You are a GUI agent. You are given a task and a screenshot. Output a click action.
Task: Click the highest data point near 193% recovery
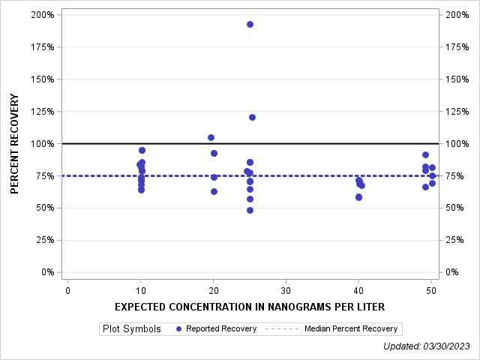[250, 24]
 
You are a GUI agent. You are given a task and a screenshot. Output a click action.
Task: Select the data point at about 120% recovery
[252, 117]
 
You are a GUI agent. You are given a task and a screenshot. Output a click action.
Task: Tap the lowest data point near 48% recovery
[250, 210]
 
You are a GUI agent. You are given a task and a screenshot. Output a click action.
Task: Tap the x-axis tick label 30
[286, 290]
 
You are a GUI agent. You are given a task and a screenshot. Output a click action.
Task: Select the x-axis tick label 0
[68, 290]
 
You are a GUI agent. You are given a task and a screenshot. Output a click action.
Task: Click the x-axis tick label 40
[358, 290]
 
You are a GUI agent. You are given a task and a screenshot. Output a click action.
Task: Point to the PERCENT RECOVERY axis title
[16, 143]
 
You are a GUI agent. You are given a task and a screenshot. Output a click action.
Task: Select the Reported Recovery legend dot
[178, 328]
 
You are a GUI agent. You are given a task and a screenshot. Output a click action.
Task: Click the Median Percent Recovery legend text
[351, 328]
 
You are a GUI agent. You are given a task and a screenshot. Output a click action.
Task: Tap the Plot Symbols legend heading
[132, 328]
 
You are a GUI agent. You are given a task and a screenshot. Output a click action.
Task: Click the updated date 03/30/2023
[448, 346]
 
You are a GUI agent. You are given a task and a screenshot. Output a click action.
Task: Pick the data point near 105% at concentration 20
[211, 137]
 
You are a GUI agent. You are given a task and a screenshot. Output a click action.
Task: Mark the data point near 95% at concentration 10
[142, 150]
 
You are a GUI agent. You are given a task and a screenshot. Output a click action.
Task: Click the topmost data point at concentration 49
[425, 154]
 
